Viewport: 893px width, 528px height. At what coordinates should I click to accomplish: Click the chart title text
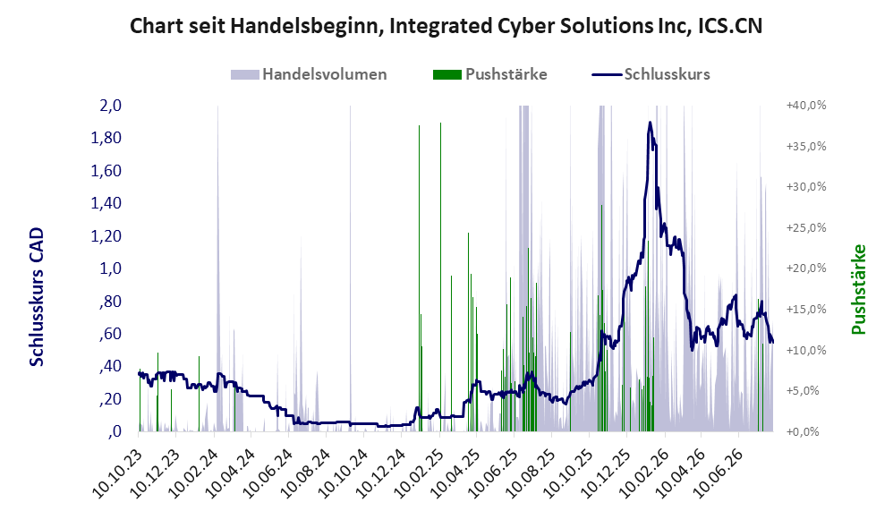coord(446,26)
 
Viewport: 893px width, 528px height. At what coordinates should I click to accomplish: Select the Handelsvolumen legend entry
coord(309,74)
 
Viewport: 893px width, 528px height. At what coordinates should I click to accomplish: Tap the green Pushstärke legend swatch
coord(447,74)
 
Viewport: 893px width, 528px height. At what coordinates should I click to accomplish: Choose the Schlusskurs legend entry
coord(651,74)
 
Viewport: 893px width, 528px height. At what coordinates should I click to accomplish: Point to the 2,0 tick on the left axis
coord(110,106)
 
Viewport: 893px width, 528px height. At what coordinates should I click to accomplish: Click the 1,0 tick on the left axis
coord(110,268)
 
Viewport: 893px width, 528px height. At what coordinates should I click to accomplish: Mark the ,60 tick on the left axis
coord(110,333)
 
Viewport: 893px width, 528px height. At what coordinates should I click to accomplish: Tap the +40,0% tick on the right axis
coord(806,106)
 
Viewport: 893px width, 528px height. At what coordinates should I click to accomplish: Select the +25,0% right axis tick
coord(806,228)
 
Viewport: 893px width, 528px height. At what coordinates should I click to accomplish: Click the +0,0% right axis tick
coord(803,431)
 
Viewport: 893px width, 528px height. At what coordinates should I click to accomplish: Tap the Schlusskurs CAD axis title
coord(37,297)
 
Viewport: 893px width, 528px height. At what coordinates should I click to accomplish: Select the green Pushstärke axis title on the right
coord(858,289)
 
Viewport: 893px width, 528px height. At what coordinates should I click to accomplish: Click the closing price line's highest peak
coord(650,123)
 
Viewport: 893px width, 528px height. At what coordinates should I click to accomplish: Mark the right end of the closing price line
coord(773,342)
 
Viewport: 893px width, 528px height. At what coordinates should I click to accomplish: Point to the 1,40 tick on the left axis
coord(106,203)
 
